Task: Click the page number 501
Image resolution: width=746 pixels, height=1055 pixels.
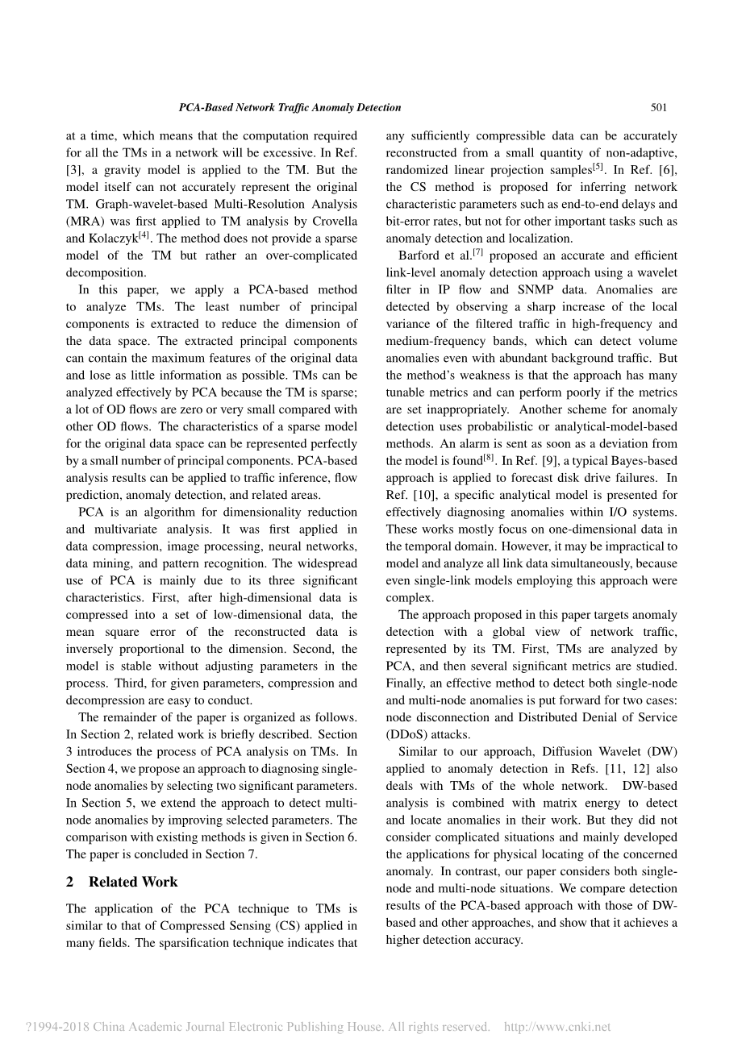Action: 658,107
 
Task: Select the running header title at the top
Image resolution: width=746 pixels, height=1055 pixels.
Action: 290,107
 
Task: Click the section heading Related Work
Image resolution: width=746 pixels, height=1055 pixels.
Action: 133,882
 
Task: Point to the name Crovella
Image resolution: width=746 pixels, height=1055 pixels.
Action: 332,222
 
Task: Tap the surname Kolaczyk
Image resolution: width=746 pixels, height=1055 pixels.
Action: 111,239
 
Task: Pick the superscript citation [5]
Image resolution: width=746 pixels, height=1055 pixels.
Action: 598,167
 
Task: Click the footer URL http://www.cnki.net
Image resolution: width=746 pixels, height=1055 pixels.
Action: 556,1027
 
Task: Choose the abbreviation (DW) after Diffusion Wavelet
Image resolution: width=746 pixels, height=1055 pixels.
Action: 662,752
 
